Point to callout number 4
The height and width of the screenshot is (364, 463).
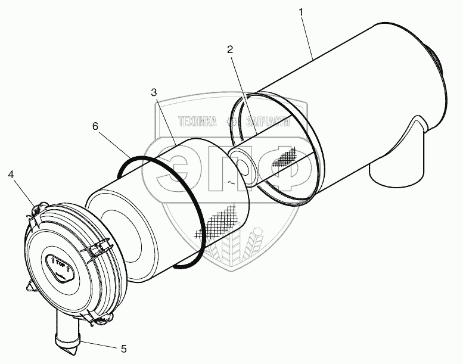11,174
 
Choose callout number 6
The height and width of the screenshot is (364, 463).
95,126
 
